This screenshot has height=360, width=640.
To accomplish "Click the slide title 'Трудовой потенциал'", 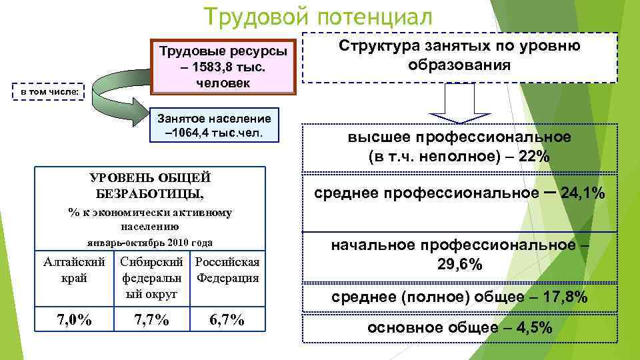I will pyautogui.click(x=318, y=16).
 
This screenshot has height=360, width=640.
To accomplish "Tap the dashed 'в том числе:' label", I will pyautogui.click(x=49, y=90).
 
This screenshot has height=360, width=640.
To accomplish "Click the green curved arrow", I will pyautogui.click(x=113, y=90).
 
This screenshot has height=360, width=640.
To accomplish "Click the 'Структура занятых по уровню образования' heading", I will pyautogui.click(x=459, y=56).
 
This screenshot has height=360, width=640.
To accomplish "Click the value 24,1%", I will pyautogui.click(x=583, y=193).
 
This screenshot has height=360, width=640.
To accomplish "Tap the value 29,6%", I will pyautogui.click(x=460, y=265).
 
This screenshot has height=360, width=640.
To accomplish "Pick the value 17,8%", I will pyautogui.click(x=563, y=297).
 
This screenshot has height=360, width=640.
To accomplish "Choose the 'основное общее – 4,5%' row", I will pyautogui.click(x=459, y=328).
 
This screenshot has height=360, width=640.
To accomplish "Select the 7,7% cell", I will pyautogui.click(x=151, y=321).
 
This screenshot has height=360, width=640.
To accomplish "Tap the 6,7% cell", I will pyautogui.click(x=227, y=321).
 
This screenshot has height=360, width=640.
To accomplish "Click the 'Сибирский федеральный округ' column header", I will pyautogui.click(x=151, y=277).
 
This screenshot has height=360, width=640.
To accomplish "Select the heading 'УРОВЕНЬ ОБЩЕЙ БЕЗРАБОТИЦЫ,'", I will pyautogui.click(x=150, y=185).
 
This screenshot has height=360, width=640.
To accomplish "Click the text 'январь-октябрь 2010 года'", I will pyautogui.click(x=150, y=242).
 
